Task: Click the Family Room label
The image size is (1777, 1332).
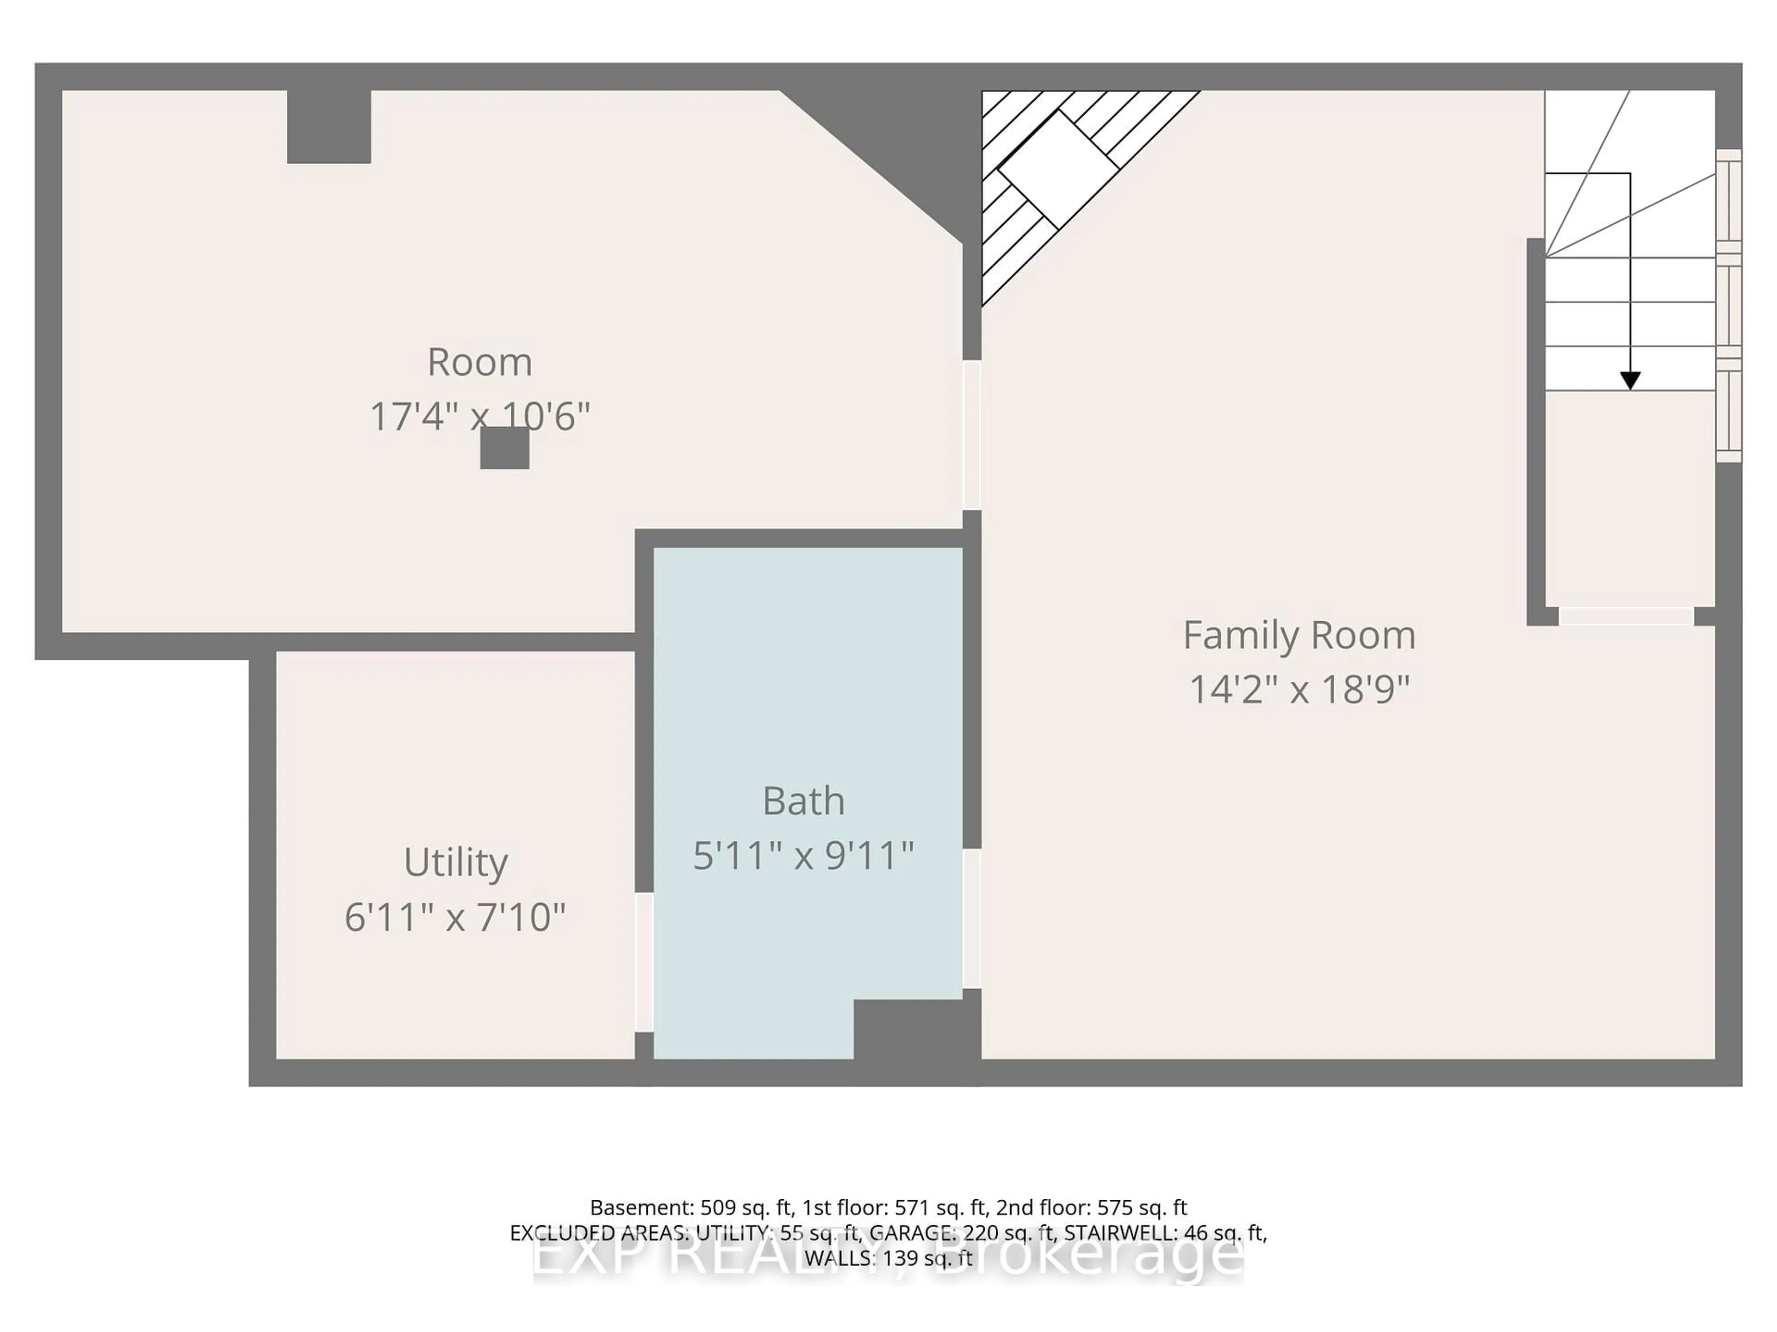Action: tap(1298, 635)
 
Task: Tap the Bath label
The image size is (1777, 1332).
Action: tap(803, 801)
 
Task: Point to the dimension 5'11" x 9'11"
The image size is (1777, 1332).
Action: tap(803, 855)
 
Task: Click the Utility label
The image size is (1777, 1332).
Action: tap(455, 862)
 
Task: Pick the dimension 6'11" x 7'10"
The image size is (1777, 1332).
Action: tap(455, 917)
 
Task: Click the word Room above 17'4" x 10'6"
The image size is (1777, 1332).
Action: tap(479, 362)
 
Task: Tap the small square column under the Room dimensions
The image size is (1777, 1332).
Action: tap(504, 448)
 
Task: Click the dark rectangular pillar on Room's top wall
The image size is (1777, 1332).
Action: tap(329, 127)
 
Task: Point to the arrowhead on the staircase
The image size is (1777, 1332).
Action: tap(1630, 381)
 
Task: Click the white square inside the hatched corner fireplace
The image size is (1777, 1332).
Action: tap(1058, 169)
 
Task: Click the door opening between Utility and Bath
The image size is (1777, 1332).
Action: tap(644, 962)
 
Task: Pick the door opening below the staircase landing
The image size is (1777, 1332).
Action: tap(1626, 616)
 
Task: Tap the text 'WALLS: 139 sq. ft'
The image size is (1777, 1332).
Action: tap(888, 1258)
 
